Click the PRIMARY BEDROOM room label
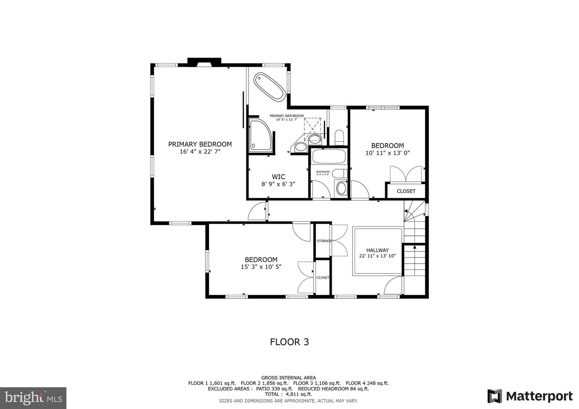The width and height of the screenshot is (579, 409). pos(200,144)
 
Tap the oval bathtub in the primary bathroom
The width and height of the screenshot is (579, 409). pos(269,86)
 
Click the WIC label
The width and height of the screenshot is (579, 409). pos(278,177)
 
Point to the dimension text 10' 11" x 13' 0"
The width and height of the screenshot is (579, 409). pos(387,153)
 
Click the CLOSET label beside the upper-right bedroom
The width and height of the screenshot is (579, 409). pos(406,191)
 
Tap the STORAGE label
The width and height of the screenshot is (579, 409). pos(324,241)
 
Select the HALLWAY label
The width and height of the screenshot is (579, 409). pos(377,250)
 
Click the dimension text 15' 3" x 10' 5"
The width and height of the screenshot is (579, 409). pos(261,267)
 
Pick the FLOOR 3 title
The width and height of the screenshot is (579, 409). pos(289,342)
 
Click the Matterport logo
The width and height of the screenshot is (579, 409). pos(530,396)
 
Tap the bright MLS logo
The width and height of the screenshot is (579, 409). pos(33,398)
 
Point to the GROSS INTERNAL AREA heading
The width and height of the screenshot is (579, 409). pos(288,378)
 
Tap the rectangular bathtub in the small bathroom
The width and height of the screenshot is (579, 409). pos(329,156)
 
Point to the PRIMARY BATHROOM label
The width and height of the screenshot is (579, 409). pos(287,116)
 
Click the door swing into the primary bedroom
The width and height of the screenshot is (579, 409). pos(257,211)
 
